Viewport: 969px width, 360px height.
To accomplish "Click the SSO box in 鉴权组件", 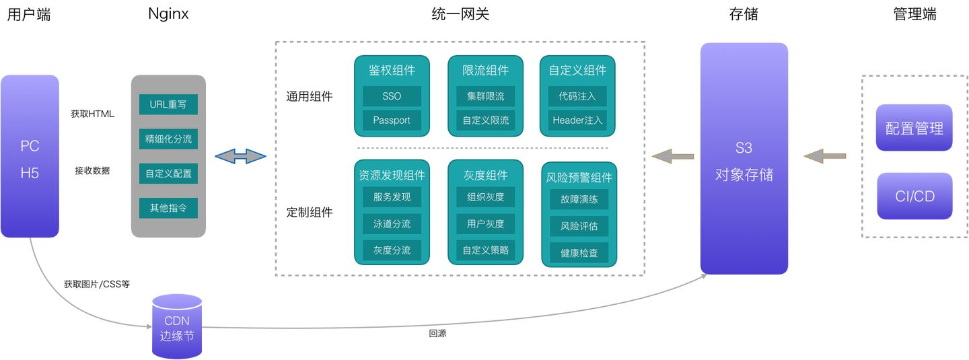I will click(392, 96).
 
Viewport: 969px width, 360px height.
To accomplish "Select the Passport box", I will click(392, 120).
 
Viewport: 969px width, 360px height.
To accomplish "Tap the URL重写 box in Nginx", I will click(168, 105).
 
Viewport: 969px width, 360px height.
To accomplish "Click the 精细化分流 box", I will click(168, 139).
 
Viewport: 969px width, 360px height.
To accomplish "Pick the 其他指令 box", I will click(168, 208).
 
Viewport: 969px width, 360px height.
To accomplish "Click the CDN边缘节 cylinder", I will click(177, 326).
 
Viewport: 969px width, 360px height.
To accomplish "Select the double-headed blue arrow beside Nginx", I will click(240, 157).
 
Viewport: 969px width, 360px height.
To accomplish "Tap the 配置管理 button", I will click(914, 128).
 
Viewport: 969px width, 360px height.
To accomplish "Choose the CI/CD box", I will click(914, 196).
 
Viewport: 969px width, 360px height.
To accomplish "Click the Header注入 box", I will click(577, 120).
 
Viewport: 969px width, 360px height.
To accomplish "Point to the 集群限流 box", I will click(485, 96).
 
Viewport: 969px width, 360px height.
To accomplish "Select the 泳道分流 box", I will click(392, 223).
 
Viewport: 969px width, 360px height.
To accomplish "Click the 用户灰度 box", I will click(485, 223).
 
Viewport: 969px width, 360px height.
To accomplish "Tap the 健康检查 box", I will click(579, 254).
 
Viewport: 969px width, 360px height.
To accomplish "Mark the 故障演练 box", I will click(579, 200).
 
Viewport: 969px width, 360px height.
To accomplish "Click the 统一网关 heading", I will click(460, 14).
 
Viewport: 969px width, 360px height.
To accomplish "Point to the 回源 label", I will click(437, 334).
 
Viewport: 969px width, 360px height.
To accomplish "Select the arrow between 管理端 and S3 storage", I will click(825, 157).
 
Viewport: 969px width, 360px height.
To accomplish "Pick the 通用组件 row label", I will click(310, 96).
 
